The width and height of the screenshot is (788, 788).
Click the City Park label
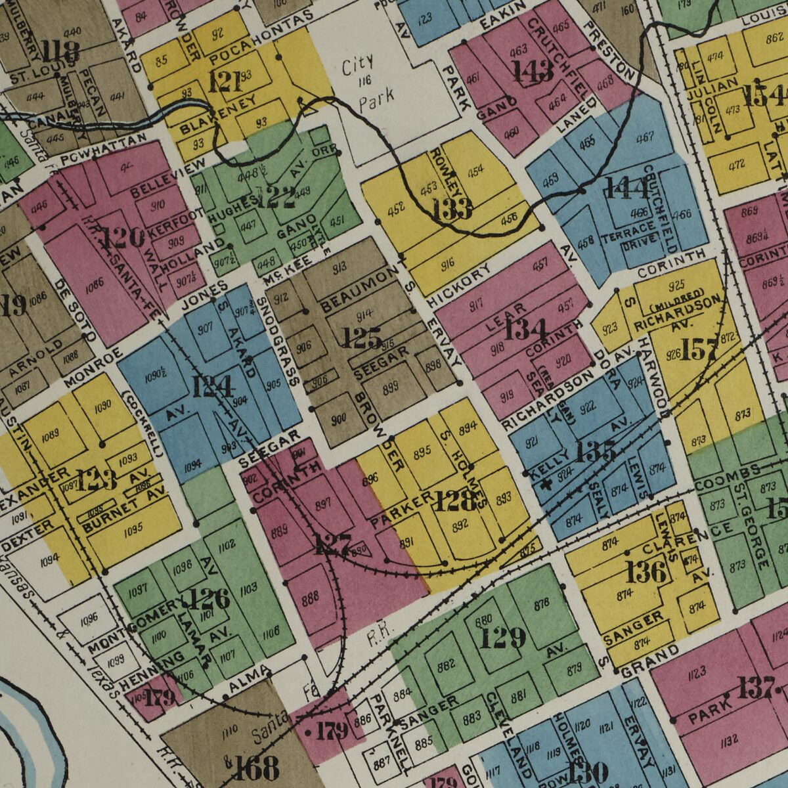point(368,80)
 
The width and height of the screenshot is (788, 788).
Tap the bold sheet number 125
point(362,339)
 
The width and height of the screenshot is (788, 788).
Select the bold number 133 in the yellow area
point(452,209)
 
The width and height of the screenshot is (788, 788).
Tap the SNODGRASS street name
point(276,341)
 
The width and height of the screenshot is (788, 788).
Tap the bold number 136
point(647,572)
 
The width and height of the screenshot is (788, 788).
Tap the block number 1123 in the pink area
point(697,671)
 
